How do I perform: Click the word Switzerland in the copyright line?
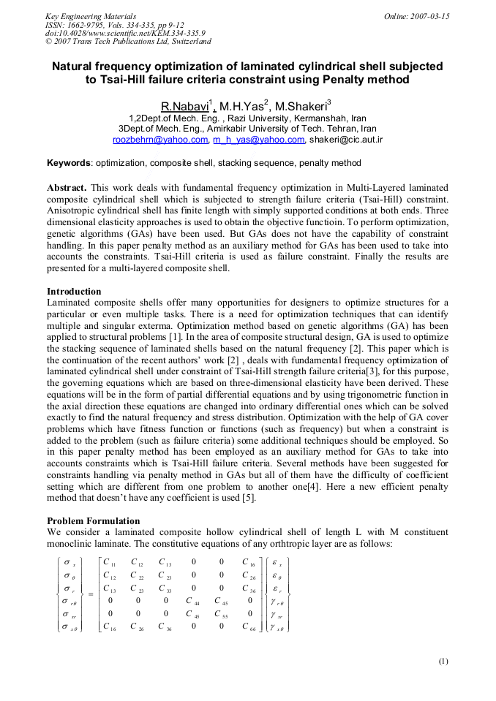(185, 42)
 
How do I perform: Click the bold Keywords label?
(69, 162)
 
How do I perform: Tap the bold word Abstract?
(67, 188)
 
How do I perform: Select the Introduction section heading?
(74, 292)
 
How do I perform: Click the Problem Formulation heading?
(94, 521)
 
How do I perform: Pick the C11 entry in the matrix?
(110, 563)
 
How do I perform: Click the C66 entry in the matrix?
(249, 627)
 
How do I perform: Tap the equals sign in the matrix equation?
(90, 594)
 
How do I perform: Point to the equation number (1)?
(443, 661)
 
